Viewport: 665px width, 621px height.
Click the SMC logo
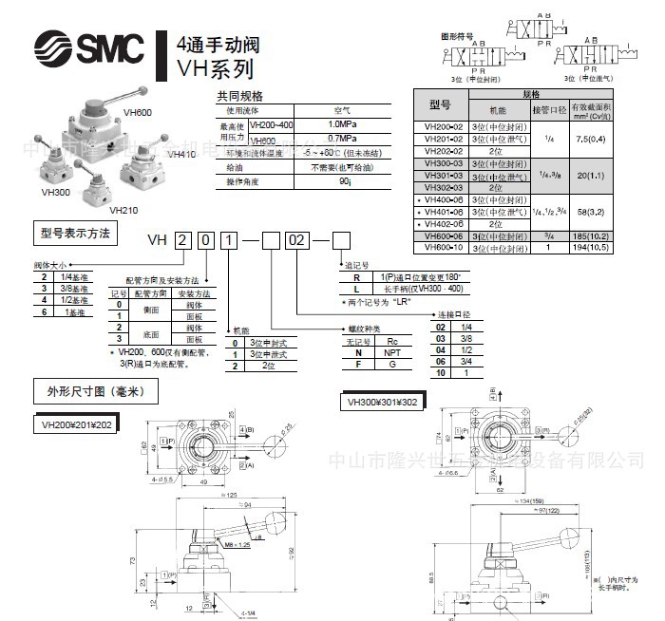click(x=90, y=46)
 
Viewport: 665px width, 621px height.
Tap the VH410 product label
click(x=181, y=153)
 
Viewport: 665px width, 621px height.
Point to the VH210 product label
click(x=124, y=210)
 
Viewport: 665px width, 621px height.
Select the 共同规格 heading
click(x=240, y=96)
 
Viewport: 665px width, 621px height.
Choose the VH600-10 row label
click(x=444, y=248)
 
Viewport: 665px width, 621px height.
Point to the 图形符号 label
click(x=457, y=35)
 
